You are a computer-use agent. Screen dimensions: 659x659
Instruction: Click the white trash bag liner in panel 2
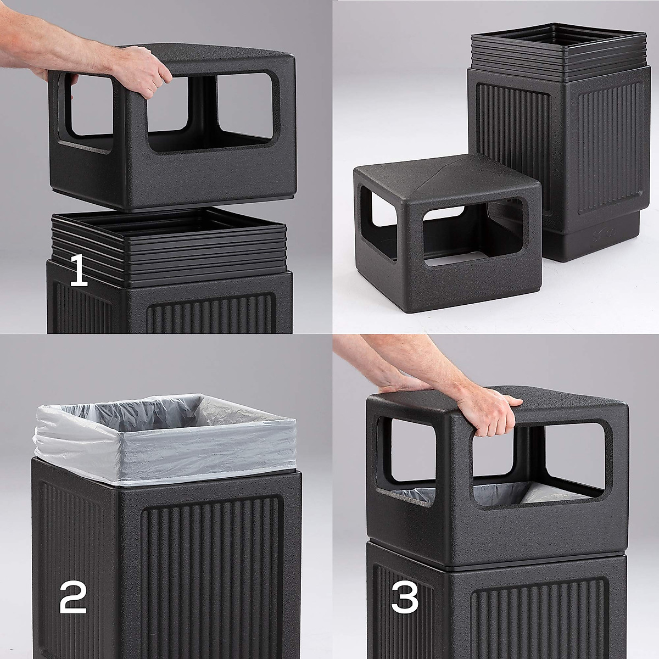tap(165, 439)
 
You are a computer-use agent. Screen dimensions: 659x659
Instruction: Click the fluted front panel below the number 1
tap(211, 316)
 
